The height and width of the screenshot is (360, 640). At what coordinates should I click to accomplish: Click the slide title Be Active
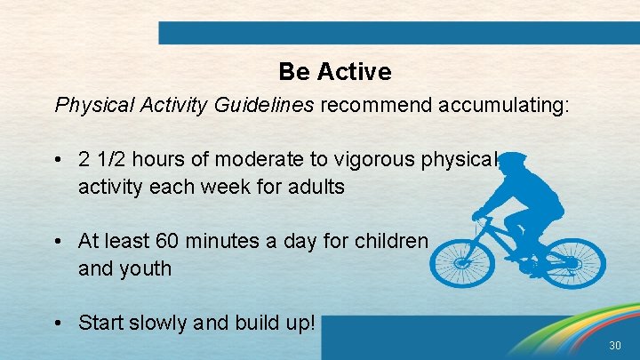click(334, 71)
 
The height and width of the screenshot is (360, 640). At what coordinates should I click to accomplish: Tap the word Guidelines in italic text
click(264, 106)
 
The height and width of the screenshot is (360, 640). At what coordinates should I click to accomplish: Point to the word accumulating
click(499, 106)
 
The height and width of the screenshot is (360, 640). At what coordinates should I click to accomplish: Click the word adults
click(316, 188)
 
